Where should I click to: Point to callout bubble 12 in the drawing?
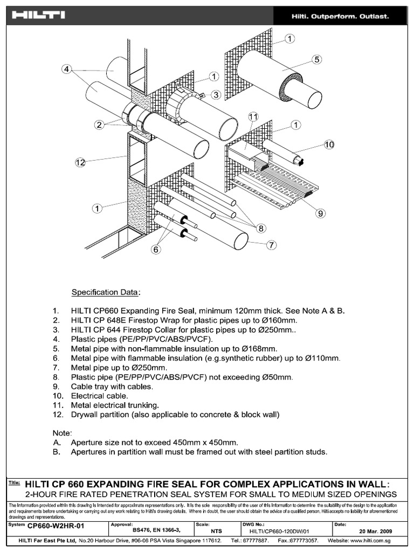(80, 162)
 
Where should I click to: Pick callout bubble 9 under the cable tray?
(320, 213)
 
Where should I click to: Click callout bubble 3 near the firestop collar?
(216, 95)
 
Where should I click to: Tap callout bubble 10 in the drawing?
(329, 144)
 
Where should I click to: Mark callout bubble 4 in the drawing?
(66, 69)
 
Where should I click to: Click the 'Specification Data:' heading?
(106, 293)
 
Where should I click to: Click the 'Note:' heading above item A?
(62, 432)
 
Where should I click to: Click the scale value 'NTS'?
(217, 531)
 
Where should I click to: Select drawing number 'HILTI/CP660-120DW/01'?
(279, 531)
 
